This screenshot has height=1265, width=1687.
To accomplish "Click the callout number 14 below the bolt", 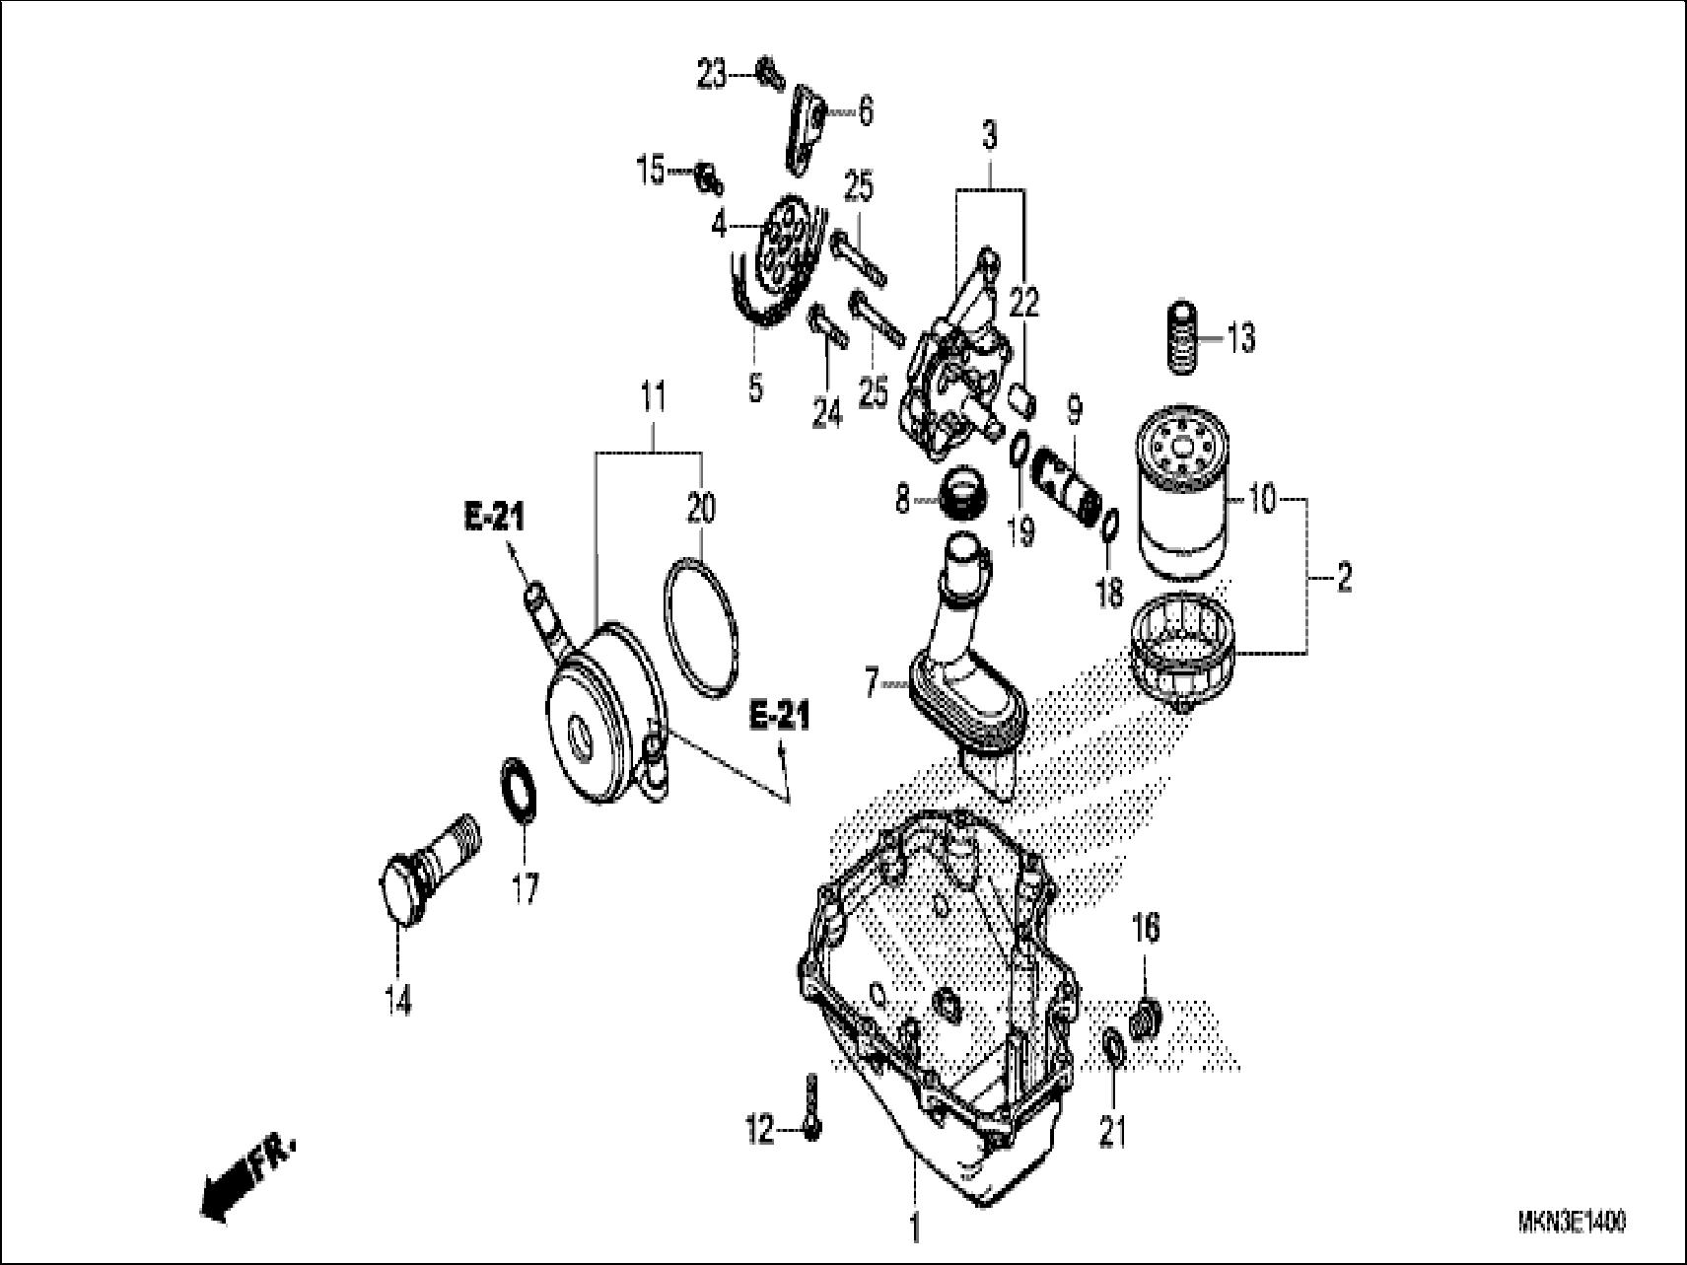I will tap(398, 1001).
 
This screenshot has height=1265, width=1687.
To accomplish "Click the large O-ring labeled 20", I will tap(699, 629).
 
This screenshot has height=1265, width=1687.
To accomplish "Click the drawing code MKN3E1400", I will tap(1572, 1223).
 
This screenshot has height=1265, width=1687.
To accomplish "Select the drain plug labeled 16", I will tap(1146, 1018).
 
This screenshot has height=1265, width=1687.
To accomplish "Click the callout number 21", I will tap(1112, 1134).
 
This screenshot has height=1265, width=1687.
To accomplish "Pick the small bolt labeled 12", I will tap(809, 1112).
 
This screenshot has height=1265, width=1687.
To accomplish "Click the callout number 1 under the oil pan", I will tap(914, 1229).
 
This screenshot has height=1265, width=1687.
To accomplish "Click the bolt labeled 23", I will tap(769, 70).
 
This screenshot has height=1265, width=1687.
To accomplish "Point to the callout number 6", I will tap(865, 111).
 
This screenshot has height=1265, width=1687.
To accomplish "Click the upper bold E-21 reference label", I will tap(494, 518).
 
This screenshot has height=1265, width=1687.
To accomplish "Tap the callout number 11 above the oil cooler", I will tap(652, 397).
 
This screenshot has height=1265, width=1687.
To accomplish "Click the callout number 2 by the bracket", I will tap(1344, 578).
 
